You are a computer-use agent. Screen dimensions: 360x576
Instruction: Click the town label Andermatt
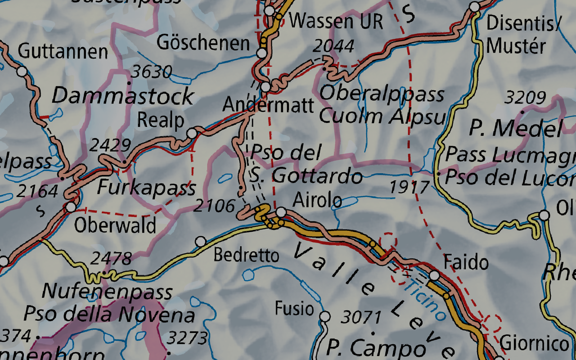(x=268, y=105)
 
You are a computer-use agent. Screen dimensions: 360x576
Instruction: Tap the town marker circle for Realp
(x=192, y=133)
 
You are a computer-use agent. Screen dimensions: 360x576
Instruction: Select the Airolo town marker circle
(x=281, y=212)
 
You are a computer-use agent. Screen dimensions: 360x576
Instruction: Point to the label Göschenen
(x=203, y=43)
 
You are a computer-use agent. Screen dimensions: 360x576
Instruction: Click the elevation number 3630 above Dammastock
(x=152, y=72)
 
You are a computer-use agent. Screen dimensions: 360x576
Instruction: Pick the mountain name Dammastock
(x=123, y=96)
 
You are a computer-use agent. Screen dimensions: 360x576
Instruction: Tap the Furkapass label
(x=147, y=187)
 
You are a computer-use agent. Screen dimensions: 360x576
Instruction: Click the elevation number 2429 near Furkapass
(x=110, y=145)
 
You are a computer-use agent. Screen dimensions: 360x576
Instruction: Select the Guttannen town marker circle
(x=22, y=71)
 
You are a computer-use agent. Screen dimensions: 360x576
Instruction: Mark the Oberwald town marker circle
(x=71, y=207)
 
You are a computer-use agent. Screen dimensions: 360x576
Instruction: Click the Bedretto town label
(x=246, y=256)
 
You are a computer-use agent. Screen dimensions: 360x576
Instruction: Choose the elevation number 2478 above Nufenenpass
(x=111, y=259)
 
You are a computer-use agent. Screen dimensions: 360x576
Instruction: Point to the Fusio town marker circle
(x=325, y=316)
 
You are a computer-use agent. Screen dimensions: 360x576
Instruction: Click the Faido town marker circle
(x=434, y=275)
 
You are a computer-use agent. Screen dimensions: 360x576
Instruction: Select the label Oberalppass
(x=382, y=94)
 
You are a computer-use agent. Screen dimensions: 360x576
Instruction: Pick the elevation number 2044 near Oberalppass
(x=333, y=46)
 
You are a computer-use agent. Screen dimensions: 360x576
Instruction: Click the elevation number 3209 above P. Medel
(x=525, y=97)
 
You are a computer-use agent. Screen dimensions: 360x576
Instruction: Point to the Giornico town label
(x=535, y=344)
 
